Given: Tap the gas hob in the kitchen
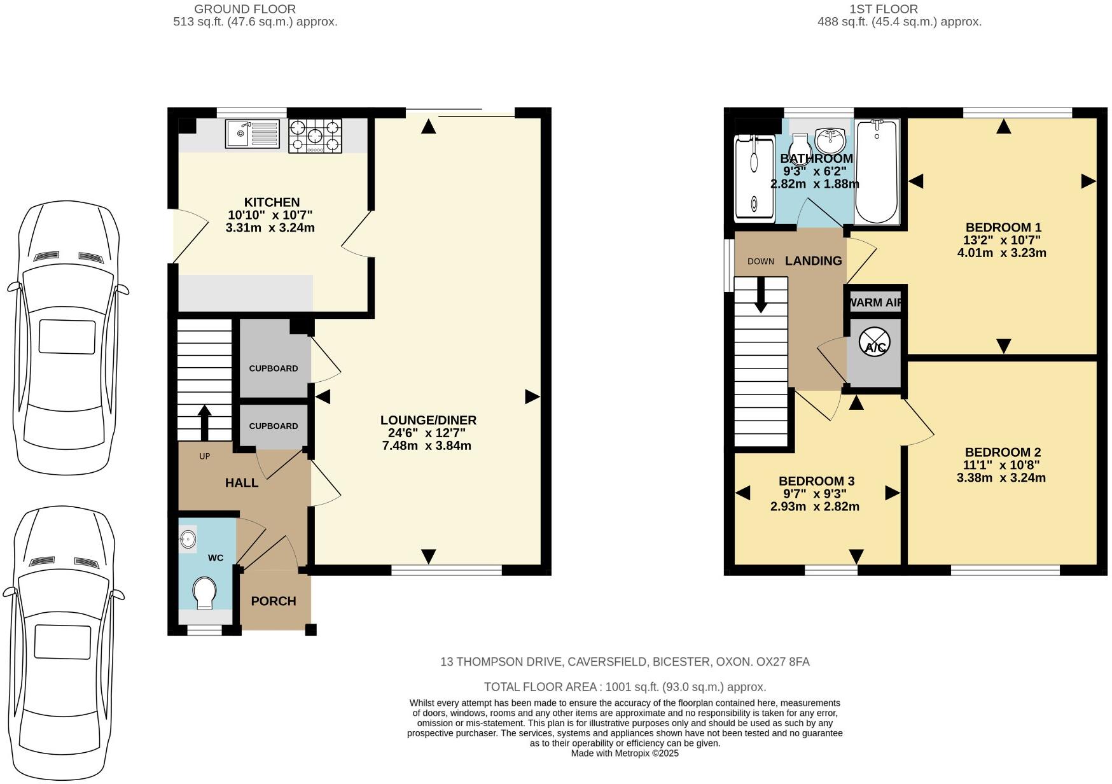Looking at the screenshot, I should tap(316, 136).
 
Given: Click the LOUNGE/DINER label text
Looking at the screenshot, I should tap(428, 420).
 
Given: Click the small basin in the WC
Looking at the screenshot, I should tap(188, 540).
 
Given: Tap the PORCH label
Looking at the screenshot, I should tap(274, 601).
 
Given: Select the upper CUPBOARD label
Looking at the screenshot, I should tap(274, 368).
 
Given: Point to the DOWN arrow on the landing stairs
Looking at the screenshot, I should tap(760, 297).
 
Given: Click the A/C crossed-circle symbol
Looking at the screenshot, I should tap(875, 344).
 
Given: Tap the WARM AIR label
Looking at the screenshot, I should tap(875, 303).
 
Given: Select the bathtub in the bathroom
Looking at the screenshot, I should tap(877, 172).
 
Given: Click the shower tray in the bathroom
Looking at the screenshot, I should tap(754, 178).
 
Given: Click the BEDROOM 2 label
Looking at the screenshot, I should tap(1002, 452).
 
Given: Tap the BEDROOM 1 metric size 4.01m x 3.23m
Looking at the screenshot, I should tap(1001, 253).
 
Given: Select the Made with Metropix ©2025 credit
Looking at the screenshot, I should tap(625, 753).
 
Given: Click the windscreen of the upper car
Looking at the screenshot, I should tap(68, 258).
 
